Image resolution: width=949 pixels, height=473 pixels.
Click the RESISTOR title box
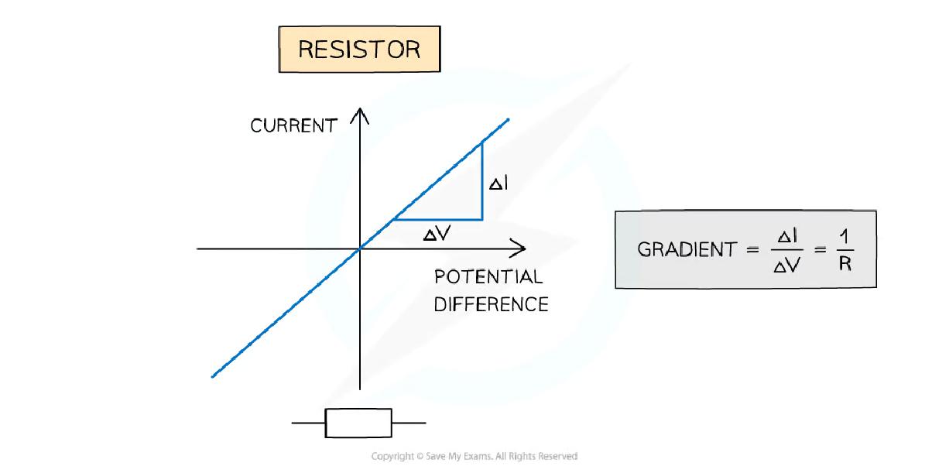(359, 50)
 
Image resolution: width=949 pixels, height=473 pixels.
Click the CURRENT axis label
(293, 126)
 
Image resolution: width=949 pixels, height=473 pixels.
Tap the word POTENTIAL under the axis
(488, 277)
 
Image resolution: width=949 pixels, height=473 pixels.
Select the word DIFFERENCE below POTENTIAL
(491, 304)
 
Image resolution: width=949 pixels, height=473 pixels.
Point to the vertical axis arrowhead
(361, 116)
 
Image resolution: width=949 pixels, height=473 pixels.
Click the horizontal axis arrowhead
(519, 248)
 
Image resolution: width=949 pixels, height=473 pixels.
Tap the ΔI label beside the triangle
(498, 184)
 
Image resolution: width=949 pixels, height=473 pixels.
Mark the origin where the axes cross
(361, 248)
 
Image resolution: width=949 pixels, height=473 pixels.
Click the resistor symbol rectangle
(358, 423)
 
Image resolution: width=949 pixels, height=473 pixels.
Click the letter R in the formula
(845, 266)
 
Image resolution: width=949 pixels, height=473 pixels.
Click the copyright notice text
(474, 457)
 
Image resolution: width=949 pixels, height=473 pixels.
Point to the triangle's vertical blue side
(482, 180)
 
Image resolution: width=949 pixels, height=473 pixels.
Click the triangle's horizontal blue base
(438, 220)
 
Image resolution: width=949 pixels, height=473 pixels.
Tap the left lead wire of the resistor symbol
(308, 423)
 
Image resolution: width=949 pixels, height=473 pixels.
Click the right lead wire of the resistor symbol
(409, 423)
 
